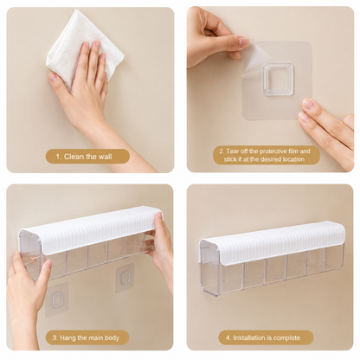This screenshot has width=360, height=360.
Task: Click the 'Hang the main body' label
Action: [87, 337]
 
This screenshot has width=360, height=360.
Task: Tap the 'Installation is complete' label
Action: [266, 337]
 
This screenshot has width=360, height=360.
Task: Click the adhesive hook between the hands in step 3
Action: [125, 278]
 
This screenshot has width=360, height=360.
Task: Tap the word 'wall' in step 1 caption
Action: [105, 157]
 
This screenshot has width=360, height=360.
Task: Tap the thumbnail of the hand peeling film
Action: [244, 42]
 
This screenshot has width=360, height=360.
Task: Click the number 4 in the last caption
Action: [228, 337]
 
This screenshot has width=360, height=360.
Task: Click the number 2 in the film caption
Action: [222, 151]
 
